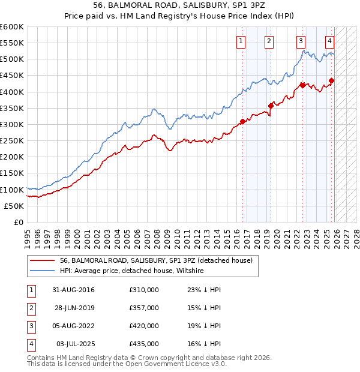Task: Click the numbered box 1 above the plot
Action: (241, 41)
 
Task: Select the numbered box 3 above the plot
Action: (300, 41)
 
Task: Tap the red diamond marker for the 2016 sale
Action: (242, 121)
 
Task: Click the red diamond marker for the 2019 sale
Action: (271, 106)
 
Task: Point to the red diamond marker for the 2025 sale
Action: (332, 80)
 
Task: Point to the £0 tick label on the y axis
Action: (19, 222)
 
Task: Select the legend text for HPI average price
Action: (133, 271)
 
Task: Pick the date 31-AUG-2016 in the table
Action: (73, 290)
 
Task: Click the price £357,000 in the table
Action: (144, 308)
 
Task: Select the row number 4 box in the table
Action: (30, 344)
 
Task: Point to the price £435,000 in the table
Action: (144, 344)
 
